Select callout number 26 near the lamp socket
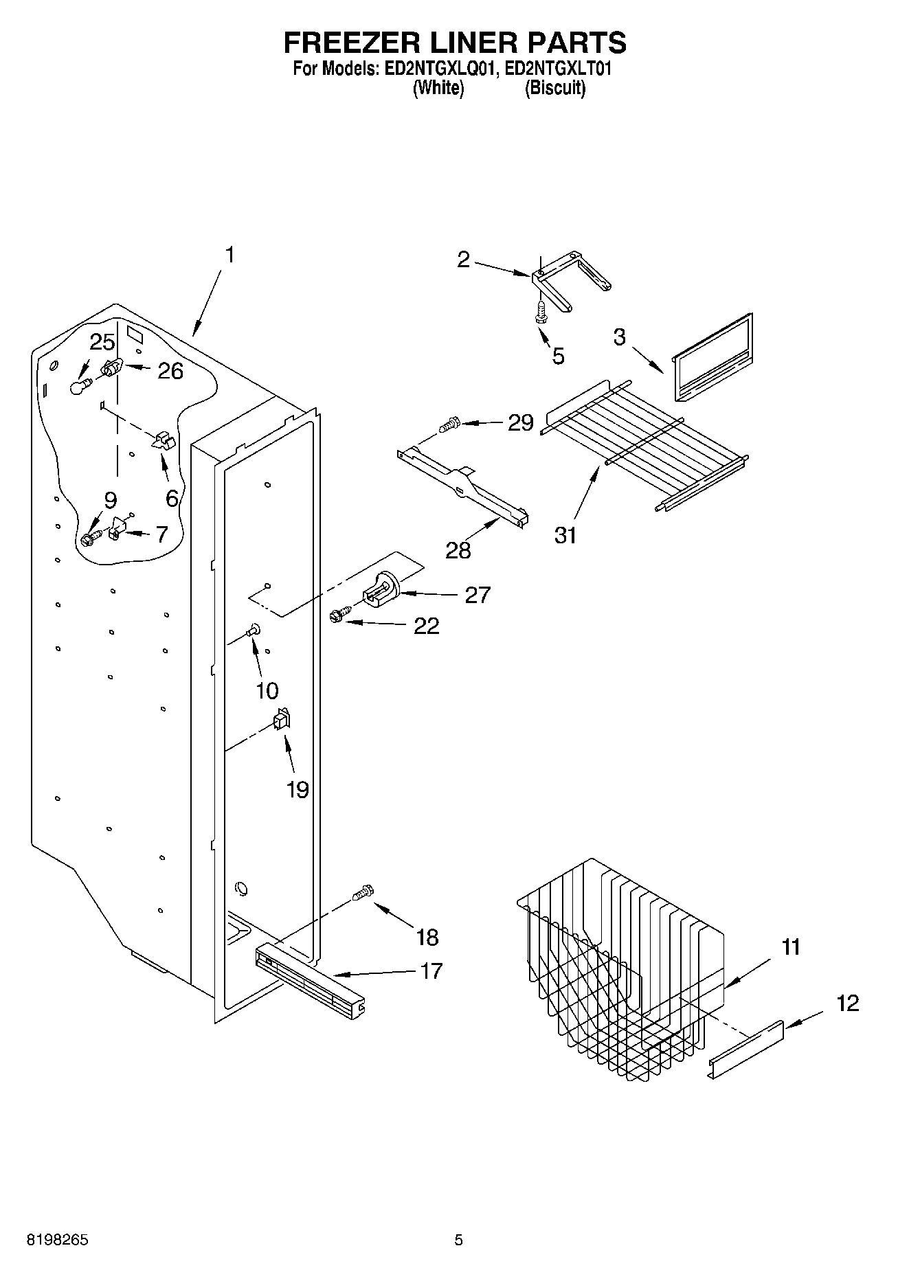[x=170, y=371]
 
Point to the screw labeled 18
[x=363, y=893]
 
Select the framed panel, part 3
[x=712, y=359]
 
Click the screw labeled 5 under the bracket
[x=541, y=312]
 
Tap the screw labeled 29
[x=449, y=425]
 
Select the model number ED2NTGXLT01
[x=558, y=69]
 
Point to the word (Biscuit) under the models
[x=555, y=88]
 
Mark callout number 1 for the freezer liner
[x=229, y=255]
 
